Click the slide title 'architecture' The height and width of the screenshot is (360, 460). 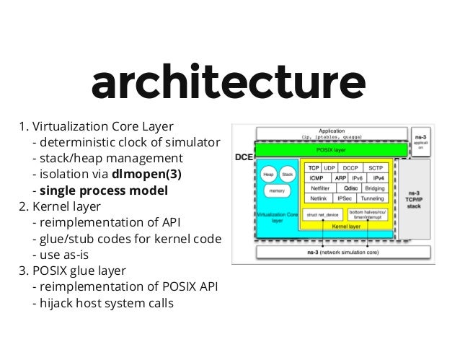[229, 85]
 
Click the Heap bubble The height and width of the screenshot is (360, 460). [267, 174]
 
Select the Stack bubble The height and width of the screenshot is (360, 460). [286, 174]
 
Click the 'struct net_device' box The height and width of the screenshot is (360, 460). [322, 214]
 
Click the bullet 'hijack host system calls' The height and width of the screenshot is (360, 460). [103, 303]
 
